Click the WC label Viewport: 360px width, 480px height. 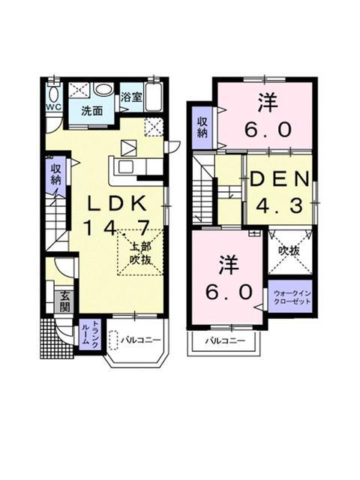click(x=52, y=106)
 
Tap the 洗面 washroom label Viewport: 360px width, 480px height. click(x=93, y=111)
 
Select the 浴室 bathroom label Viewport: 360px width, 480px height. click(x=131, y=96)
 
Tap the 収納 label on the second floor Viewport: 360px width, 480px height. click(x=202, y=127)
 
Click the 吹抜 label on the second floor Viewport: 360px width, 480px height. click(x=289, y=251)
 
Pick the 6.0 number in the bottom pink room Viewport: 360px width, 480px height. click(x=225, y=291)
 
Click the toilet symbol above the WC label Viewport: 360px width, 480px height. click(x=52, y=93)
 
